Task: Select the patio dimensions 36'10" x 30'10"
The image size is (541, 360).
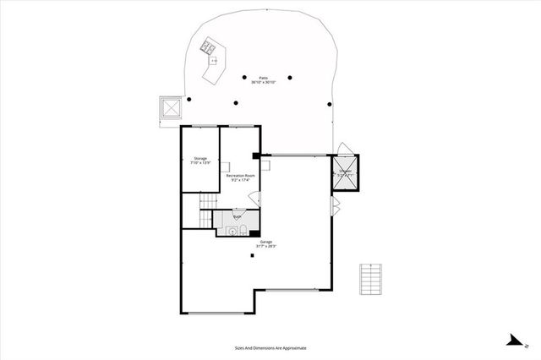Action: point(264,82)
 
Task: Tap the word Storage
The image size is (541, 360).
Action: point(200,158)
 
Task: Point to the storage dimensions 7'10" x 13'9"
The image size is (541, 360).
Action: point(200,163)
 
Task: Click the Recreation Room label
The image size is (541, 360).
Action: point(240,175)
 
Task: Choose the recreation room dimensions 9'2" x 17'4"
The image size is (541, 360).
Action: point(240,180)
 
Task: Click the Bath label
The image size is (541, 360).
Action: point(237,217)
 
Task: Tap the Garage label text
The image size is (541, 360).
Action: point(254,241)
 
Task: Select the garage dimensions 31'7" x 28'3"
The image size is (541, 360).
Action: point(254,246)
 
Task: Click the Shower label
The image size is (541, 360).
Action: point(345,172)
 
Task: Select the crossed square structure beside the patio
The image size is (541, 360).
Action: point(170,109)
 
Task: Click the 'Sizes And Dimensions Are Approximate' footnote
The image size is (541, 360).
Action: point(270,347)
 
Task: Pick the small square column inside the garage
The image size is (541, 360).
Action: point(253,257)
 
